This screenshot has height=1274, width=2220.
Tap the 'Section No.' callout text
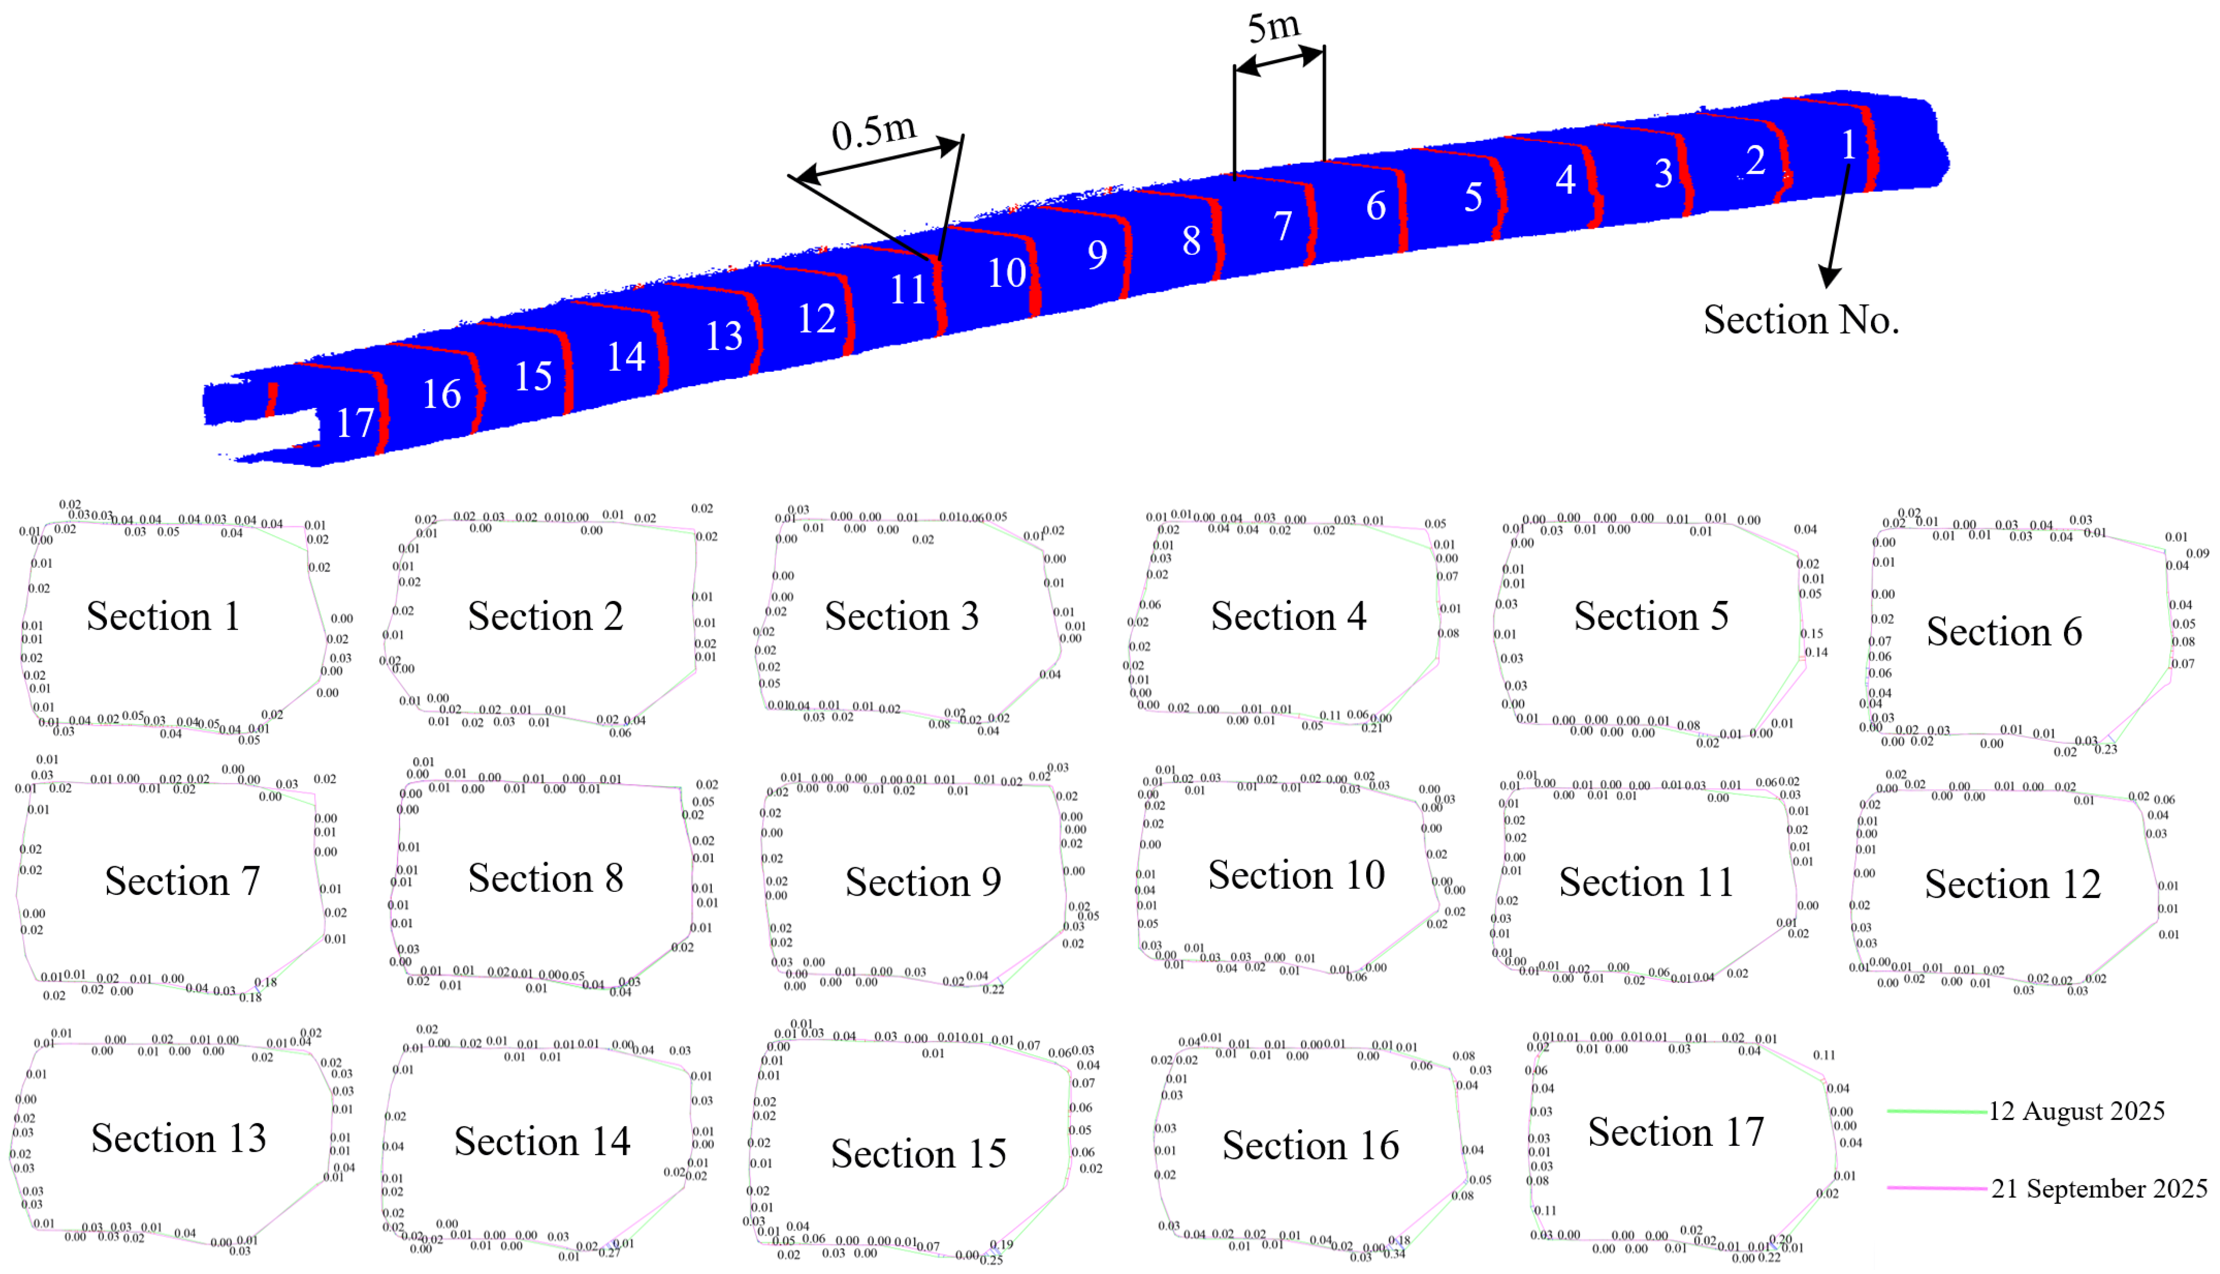coord(1801,320)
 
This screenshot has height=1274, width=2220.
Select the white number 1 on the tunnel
coord(1848,145)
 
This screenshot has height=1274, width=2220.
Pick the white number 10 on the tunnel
coord(1006,273)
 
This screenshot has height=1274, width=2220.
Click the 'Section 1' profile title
coord(163,617)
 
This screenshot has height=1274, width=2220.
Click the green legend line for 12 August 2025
coord(1936,1111)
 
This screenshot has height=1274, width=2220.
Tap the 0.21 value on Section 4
coord(1372,728)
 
